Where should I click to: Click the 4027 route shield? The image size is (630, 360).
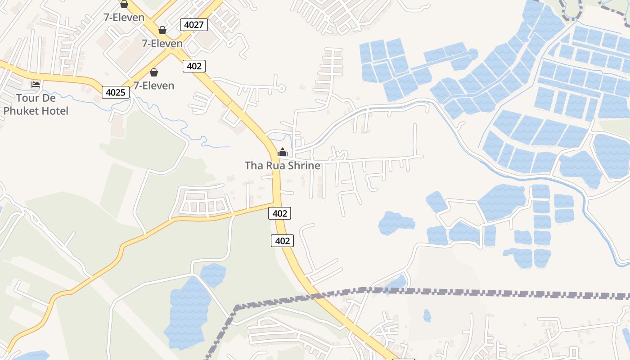[x=194, y=25]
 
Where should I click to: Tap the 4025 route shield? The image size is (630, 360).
[x=116, y=92]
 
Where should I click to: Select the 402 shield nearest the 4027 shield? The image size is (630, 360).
[x=194, y=66]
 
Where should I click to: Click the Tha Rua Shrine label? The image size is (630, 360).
[x=283, y=166]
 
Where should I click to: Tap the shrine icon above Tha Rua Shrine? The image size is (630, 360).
[x=283, y=152]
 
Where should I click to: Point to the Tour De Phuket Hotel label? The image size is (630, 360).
[x=36, y=104]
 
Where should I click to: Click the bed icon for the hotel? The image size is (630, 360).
[x=36, y=84]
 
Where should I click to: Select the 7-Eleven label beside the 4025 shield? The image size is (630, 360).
[x=153, y=85]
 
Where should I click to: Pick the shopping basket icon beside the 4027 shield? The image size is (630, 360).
[x=162, y=30]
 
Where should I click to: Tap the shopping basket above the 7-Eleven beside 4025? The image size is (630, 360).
[x=154, y=72]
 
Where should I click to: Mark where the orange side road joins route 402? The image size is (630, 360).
[x=274, y=203]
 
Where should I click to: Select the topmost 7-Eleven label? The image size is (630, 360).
[x=124, y=18]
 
